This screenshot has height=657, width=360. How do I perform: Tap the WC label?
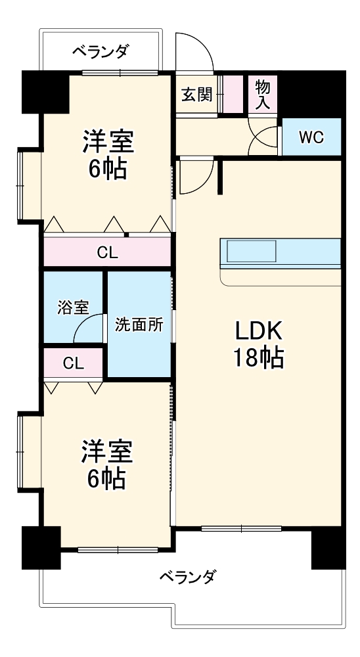310,137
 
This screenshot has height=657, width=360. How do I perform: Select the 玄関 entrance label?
196,95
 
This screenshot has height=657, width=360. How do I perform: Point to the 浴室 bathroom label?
73,307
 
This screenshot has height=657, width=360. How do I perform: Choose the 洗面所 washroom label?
139,324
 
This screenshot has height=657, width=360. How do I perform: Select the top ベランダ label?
101,51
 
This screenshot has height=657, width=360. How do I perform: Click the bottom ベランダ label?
187,578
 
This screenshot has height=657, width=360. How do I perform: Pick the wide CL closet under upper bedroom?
108,252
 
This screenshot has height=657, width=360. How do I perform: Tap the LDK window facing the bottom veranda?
241,528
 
